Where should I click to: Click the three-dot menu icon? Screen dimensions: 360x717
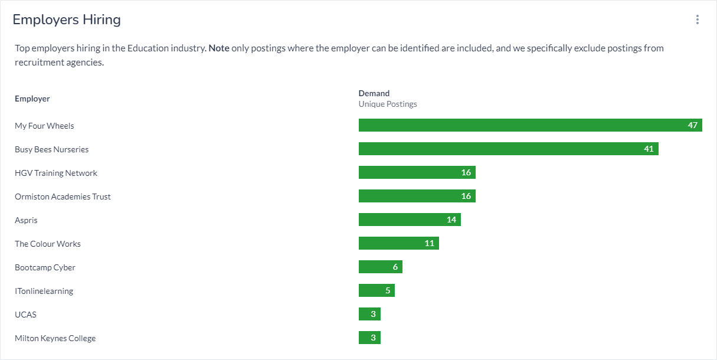point(697,19)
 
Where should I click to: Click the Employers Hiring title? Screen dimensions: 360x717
point(67,19)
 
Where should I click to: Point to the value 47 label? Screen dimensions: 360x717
point(692,125)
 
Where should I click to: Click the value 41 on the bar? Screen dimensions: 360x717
point(649,149)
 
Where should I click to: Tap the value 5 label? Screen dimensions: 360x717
point(388,290)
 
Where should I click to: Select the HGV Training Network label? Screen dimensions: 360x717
point(56,173)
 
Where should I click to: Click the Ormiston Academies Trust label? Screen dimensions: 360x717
point(63,197)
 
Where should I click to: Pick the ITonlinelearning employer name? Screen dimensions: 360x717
point(44,291)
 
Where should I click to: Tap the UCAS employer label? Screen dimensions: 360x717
point(25,315)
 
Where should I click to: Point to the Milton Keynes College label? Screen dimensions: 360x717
point(55,338)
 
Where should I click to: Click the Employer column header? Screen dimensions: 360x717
point(32,99)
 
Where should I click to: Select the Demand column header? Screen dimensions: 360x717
point(374,93)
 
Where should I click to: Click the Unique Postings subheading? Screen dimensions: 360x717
point(388,104)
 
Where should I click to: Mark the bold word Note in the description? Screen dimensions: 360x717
point(219,48)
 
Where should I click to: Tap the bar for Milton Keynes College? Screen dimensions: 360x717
point(369,338)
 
